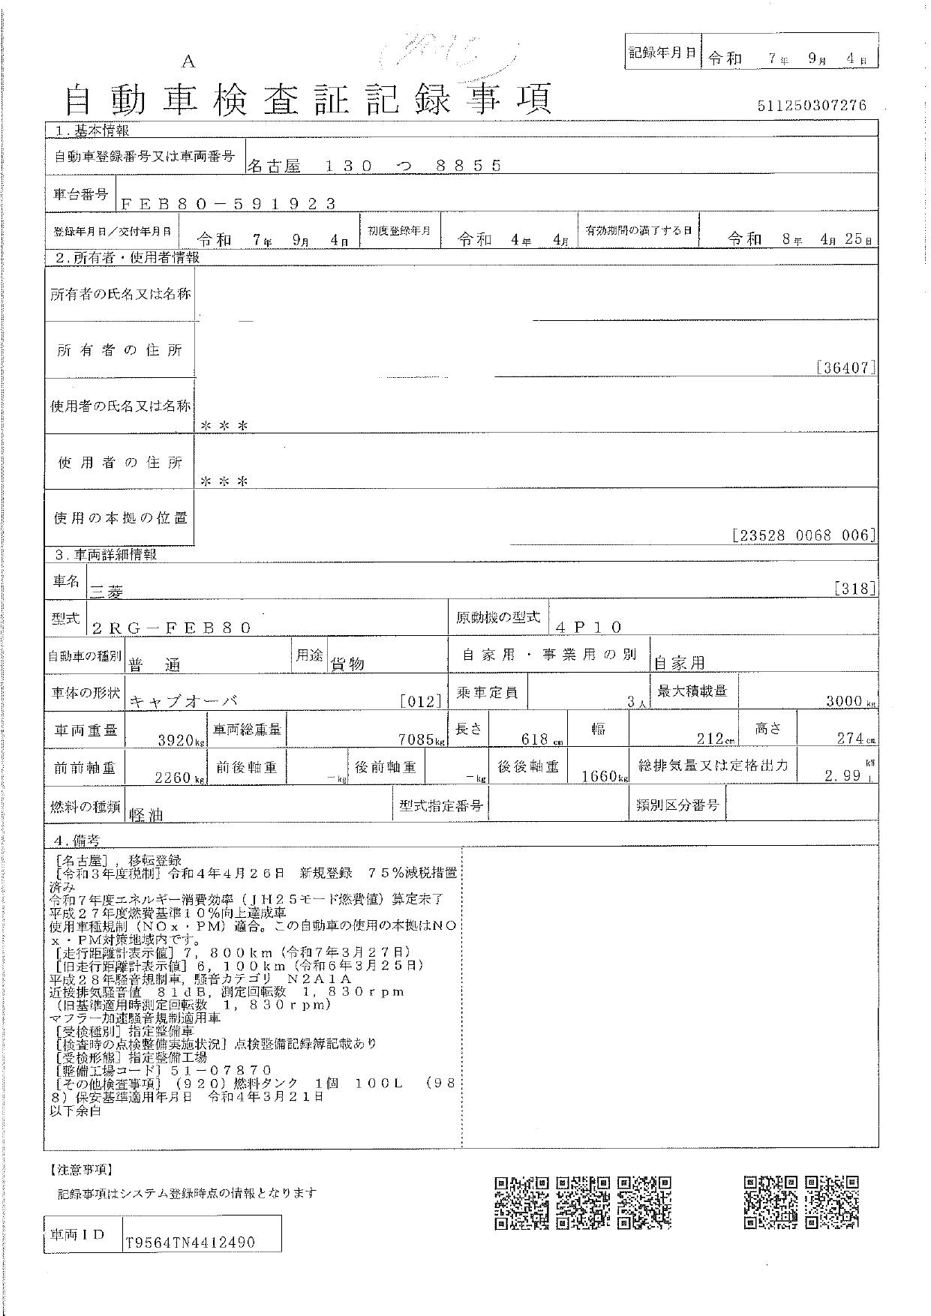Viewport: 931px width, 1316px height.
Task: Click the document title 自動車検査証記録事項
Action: tap(308, 99)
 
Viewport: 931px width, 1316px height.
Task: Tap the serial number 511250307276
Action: tap(812, 106)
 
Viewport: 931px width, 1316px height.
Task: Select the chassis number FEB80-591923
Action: tap(228, 203)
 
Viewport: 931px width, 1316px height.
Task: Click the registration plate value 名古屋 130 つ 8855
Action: tap(374, 166)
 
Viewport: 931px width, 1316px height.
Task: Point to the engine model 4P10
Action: tap(590, 627)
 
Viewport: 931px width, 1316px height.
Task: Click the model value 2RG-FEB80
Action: tap(171, 628)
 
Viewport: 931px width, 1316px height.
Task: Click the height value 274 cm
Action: tap(853, 739)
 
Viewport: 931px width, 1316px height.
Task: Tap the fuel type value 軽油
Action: tap(146, 815)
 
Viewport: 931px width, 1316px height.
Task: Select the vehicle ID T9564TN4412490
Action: tap(191, 1243)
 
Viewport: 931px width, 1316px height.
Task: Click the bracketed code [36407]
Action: tap(845, 368)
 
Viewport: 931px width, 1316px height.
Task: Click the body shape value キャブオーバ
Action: tap(184, 701)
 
